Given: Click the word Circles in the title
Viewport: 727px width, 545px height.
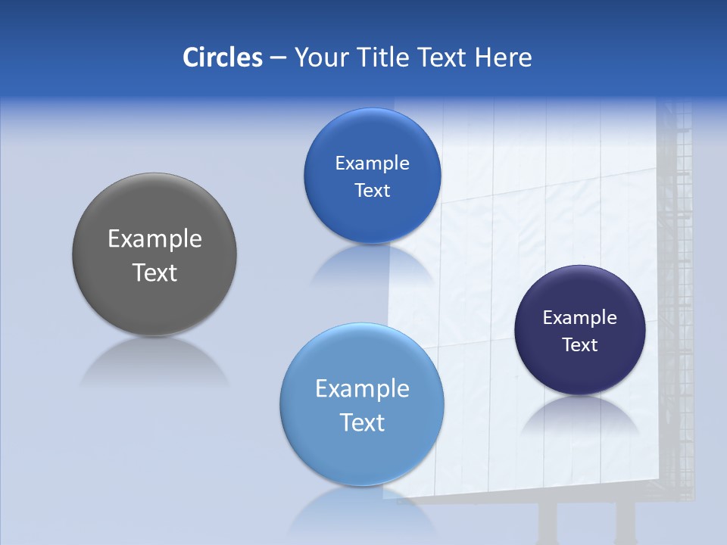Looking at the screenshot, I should [x=222, y=58].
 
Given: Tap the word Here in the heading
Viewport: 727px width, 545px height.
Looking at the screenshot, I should [x=504, y=58].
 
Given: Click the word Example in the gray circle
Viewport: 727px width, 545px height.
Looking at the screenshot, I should [x=154, y=239].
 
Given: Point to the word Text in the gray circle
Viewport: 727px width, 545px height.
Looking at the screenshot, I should [x=154, y=272].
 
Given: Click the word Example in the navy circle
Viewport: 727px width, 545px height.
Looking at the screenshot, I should [x=579, y=318].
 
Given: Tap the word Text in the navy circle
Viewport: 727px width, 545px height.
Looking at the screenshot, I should [x=579, y=345].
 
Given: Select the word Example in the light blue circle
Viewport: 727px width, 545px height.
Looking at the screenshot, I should [x=362, y=389].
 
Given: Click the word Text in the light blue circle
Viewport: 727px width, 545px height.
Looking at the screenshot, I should [x=362, y=422].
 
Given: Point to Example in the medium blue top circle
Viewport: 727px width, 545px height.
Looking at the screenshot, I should [x=372, y=163].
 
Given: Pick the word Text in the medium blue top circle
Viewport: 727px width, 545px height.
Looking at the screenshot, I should [x=372, y=191].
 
